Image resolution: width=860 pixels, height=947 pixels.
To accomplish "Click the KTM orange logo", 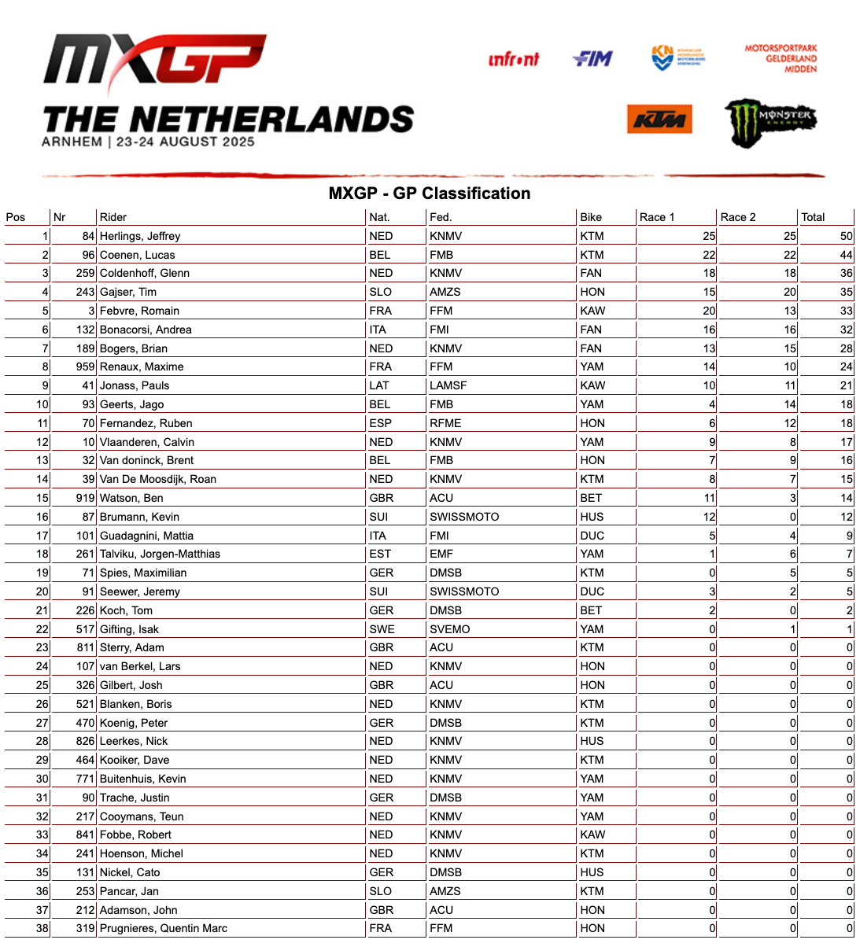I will pos(659,120).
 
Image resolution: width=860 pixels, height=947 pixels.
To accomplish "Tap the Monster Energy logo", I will pos(770,122).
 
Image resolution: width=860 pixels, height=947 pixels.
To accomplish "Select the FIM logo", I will pos(592,58).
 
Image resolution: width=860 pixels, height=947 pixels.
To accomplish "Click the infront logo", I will pos(514,59).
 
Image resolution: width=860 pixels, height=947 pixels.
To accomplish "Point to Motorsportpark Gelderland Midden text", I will pos(781,58).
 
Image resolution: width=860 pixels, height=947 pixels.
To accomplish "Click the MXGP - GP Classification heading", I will pos(430,193).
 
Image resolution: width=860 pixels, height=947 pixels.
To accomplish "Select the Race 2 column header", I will pos(738,217).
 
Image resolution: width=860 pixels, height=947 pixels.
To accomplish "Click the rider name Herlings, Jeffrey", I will pos(140,236).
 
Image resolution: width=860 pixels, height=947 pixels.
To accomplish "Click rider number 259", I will pos(85,273).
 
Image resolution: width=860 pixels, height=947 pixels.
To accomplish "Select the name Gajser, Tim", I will pos(128,292).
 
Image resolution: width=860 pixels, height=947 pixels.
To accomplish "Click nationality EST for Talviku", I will pos(380,554).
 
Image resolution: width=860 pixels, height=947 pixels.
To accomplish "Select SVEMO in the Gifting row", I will pos(450,629).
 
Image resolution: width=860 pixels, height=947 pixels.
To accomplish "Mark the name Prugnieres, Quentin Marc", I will pos(164,928).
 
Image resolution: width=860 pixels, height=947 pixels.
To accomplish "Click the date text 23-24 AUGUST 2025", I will pos(186,142).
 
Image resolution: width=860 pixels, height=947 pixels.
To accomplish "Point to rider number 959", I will pos(85,367).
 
